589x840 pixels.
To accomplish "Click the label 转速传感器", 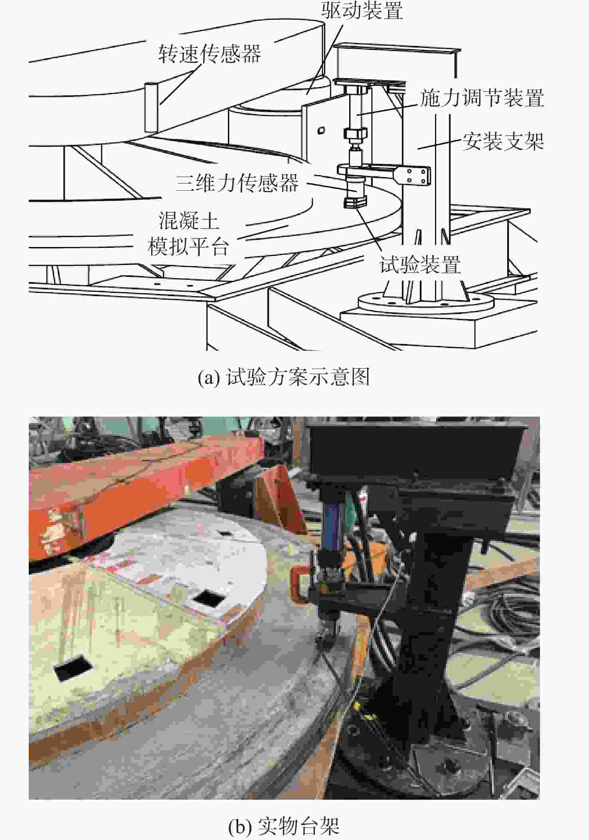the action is click(x=209, y=53).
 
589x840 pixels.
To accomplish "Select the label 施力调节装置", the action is click(x=482, y=98).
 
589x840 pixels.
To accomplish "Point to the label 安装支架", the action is click(x=503, y=141).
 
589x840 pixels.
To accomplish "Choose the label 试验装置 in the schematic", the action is click(x=420, y=265).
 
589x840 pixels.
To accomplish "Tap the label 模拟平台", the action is click(x=188, y=247).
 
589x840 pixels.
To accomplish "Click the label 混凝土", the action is click(x=189, y=221).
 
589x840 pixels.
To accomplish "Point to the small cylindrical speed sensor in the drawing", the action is click(x=151, y=107).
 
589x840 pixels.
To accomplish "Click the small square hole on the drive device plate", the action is click(x=321, y=130).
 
